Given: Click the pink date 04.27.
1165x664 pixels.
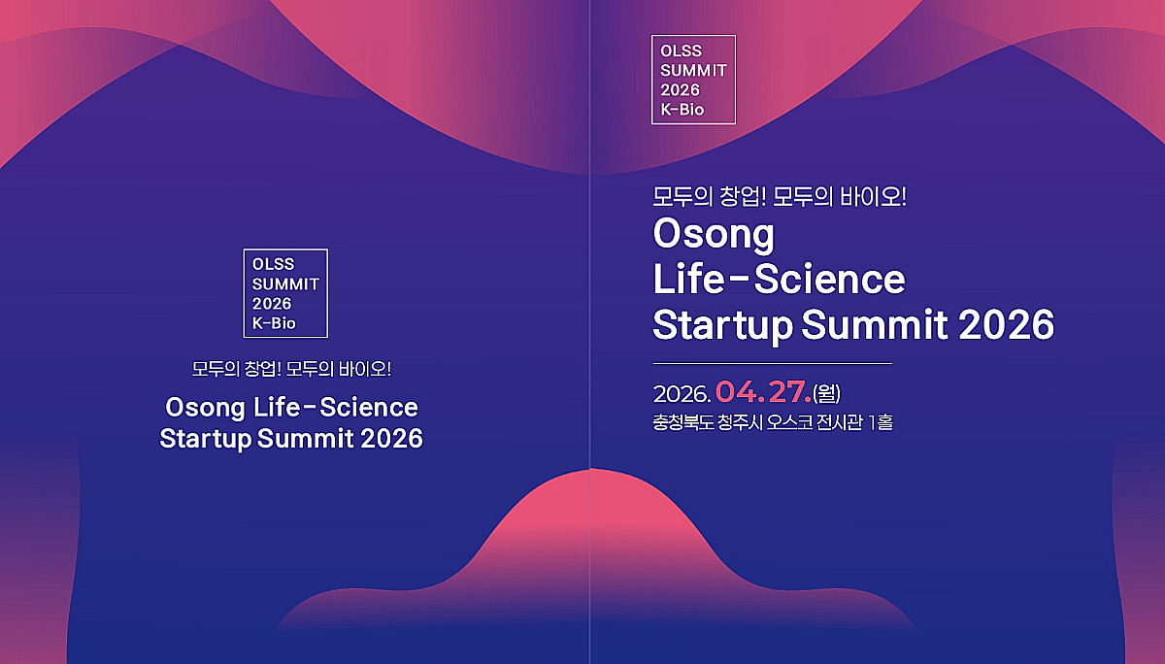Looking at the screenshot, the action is coord(763,392).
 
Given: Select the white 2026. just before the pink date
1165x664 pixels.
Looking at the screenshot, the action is coord(682,394).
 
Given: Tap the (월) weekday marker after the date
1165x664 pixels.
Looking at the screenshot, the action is coord(826,393).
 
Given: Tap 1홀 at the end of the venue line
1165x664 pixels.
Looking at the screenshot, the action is coord(880,422).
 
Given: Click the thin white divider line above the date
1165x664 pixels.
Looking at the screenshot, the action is coord(773,363).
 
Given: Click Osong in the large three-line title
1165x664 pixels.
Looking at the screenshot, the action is coord(714,235).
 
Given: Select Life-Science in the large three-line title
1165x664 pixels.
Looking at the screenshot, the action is coord(779,280).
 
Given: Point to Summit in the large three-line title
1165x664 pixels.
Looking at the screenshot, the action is coord(875,324).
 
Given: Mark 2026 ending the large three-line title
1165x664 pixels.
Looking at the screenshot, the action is coord(1007,324).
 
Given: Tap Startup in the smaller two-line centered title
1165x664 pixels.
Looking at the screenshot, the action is coord(206,439).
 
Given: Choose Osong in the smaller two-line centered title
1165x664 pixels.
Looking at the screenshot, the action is coord(205,408).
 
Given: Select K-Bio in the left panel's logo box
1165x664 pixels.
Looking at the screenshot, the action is coord(274,323).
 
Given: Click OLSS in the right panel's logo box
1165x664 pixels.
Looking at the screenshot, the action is coord(682,50).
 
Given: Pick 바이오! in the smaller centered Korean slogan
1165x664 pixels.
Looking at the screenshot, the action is coord(365,369).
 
